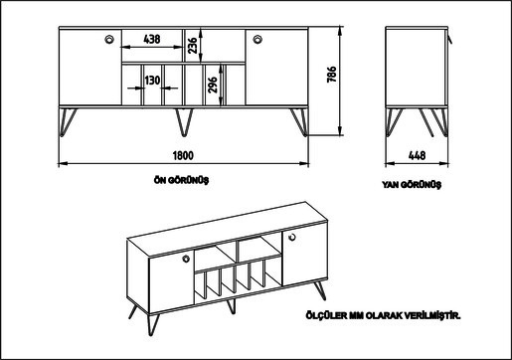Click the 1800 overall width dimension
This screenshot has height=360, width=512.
pyautogui.click(x=183, y=155)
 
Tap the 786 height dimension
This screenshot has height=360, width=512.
pyautogui.click(x=332, y=75)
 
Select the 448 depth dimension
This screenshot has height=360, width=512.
pyautogui.click(x=417, y=155)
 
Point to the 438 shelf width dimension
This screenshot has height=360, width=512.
pyautogui.click(x=152, y=39)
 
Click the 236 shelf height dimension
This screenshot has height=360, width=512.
pyautogui.click(x=193, y=46)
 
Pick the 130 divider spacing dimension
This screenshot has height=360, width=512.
pyautogui.click(x=152, y=81)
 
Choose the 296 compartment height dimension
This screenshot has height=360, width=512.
pyautogui.click(x=212, y=85)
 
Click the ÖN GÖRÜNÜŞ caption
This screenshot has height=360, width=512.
pyautogui.click(x=182, y=180)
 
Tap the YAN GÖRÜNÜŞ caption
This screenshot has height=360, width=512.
pyautogui.click(x=412, y=184)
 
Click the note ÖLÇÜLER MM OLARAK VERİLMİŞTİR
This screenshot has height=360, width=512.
pyautogui.click(x=384, y=315)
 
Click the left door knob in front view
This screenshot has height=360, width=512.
pyautogui.click(x=109, y=39)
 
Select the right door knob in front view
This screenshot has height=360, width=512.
pyautogui.click(x=257, y=39)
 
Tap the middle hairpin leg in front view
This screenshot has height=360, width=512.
pyautogui.click(x=184, y=121)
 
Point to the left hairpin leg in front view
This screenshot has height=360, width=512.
pyautogui.click(x=68, y=121)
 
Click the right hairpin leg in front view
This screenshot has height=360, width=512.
pyautogui.click(x=300, y=121)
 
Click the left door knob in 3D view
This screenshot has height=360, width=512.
pyautogui.click(x=186, y=259)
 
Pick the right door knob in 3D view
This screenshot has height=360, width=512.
pyautogui.click(x=292, y=237)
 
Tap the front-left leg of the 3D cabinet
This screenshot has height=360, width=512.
pyautogui.click(x=153, y=324)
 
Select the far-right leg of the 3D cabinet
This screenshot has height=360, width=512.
pyautogui.click(x=320, y=290)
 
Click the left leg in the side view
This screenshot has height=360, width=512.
pyautogui.click(x=394, y=121)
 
